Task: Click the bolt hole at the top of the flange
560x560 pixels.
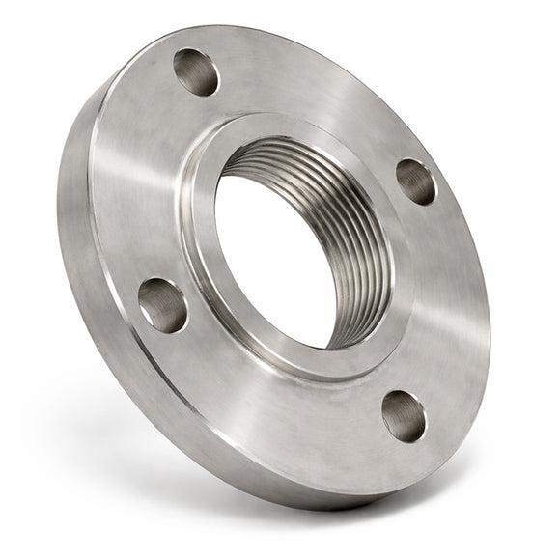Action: point(196,72)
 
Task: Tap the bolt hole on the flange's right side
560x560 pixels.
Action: point(416,182)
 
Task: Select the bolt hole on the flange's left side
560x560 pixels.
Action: point(163,305)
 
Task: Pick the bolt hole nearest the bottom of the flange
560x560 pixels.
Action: point(404,415)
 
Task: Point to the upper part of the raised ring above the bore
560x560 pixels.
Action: point(290,130)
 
